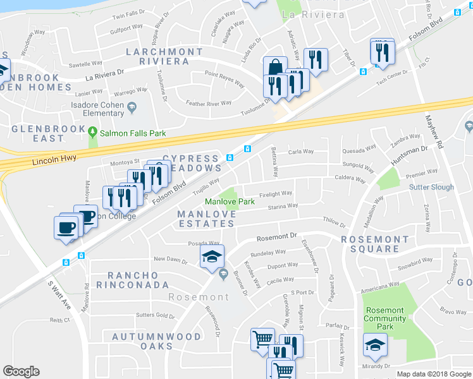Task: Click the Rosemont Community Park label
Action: pyautogui.click(x=384, y=318)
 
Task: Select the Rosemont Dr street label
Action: pyautogui.click(x=276, y=238)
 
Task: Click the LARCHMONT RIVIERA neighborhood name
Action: pyautogui.click(x=157, y=56)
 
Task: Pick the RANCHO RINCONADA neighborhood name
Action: pyautogui.click(x=142, y=280)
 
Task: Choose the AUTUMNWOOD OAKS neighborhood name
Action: pyautogui.click(x=156, y=342)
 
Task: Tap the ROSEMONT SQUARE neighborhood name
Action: pyautogui.click(x=375, y=244)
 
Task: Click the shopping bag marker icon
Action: pyautogui.click(x=276, y=68)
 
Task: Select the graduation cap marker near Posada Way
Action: pyautogui.click(x=212, y=256)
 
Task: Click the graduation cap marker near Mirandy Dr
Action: pyautogui.click(x=375, y=344)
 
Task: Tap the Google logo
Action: pyautogui.click(x=21, y=371)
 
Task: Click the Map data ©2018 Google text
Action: pyautogui.click(x=434, y=374)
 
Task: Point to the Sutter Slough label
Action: pyautogui.click(x=432, y=188)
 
